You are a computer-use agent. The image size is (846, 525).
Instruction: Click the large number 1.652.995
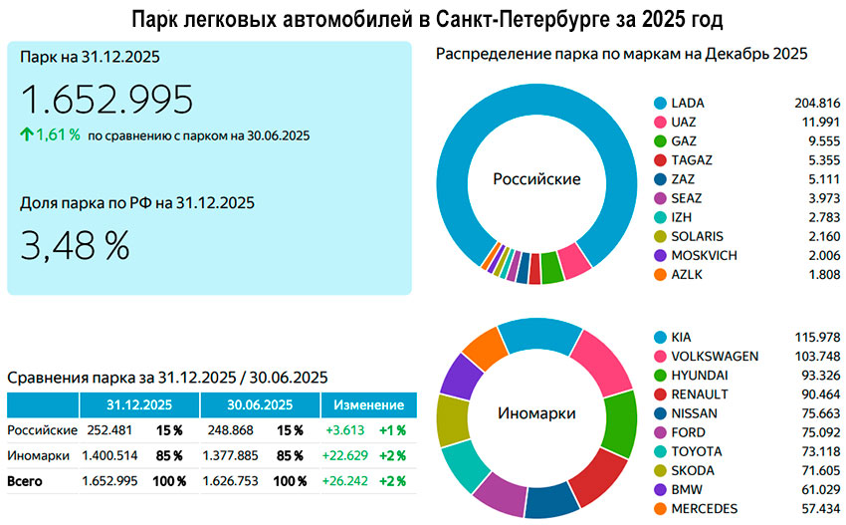point(106,100)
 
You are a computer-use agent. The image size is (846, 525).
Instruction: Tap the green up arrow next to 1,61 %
point(27,134)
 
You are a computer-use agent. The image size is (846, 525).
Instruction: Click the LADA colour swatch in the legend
point(659,103)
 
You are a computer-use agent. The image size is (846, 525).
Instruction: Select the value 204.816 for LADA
point(818,103)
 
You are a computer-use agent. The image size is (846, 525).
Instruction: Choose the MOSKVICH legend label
point(705,255)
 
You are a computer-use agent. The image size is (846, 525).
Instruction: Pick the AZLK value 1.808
point(823,274)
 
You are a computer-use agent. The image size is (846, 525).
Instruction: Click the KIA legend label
point(683,338)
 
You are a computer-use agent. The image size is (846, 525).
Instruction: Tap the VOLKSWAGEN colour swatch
point(659,357)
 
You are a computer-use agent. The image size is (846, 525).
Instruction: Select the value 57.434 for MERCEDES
point(819,508)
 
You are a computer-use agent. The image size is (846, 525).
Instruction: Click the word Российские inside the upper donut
point(536,179)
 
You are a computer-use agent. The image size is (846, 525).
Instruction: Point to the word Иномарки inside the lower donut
point(536,412)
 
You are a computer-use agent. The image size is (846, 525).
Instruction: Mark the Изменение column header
point(368,405)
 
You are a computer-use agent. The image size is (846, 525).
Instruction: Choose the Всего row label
point(27,481)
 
